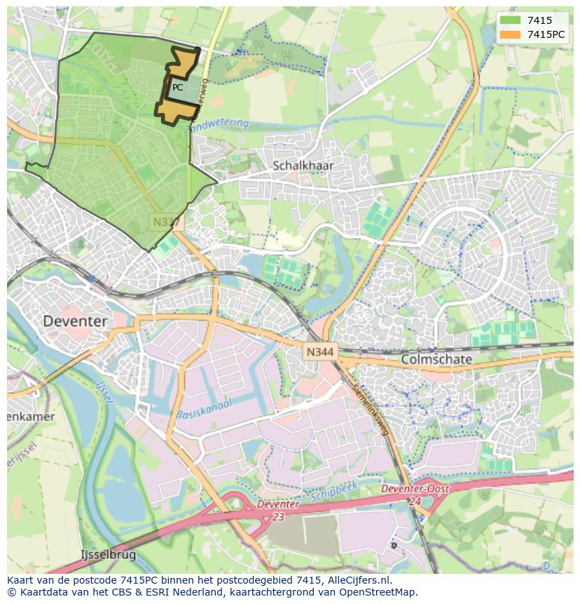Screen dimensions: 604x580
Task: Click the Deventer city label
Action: coord(76,321)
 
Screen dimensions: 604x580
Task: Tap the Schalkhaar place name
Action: coord(303,166)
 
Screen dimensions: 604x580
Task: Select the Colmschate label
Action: coord(436,359)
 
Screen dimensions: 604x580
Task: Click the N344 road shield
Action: coord(319,351)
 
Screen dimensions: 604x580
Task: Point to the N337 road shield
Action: coord(166,222)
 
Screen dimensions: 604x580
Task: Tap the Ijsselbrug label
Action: coord(108,554)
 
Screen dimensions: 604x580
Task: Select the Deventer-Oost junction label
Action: coord(414,489)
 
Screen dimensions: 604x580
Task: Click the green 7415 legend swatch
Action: coord(510,20)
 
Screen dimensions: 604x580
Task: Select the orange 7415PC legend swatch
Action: coord(510,34)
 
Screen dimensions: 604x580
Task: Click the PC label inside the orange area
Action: coord(178,88)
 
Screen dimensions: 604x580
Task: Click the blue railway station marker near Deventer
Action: coord(92,278)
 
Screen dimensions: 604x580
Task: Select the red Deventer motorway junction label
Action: coord(278,504)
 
